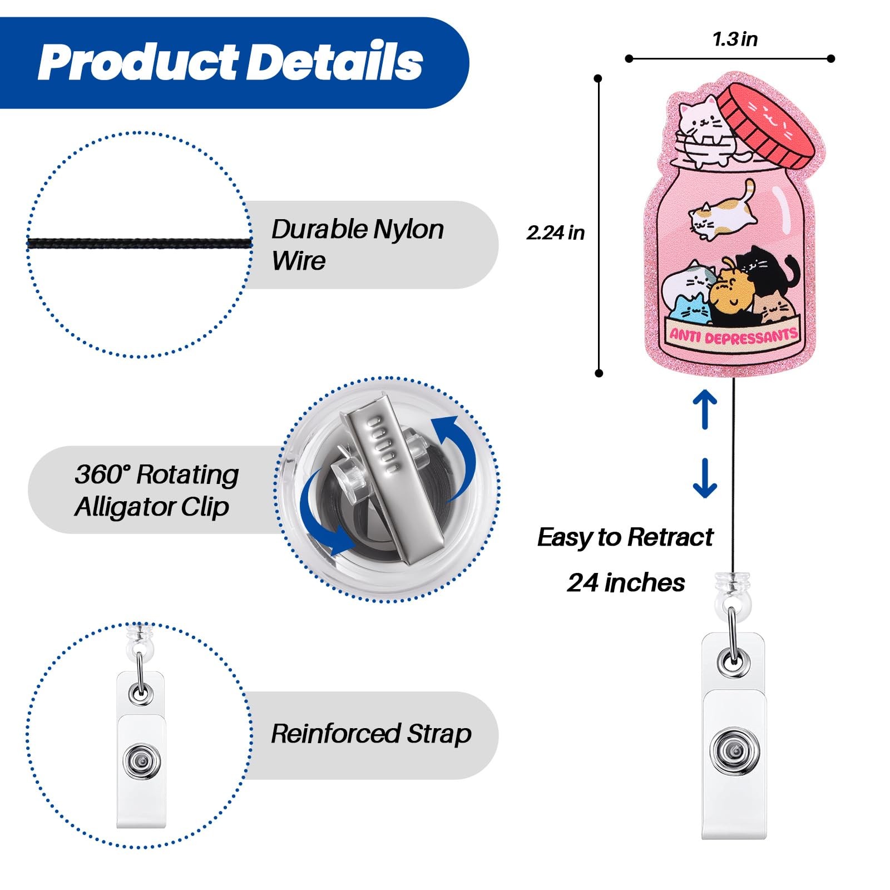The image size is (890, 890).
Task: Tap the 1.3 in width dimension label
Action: [735, 39]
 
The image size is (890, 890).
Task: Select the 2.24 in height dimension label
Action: [556, 233]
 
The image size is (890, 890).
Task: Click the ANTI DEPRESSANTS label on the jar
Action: [733, 336]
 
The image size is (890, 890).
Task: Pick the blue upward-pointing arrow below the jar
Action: [705, 409]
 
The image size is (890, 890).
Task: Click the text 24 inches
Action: [626, 583]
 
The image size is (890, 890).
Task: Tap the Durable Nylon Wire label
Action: [357, 244]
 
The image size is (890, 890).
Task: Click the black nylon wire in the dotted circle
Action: [139, 243]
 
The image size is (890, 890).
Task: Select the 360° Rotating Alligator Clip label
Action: [157, 490]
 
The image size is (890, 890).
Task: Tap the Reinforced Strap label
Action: [371, 734]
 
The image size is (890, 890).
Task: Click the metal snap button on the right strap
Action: [735, 752]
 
